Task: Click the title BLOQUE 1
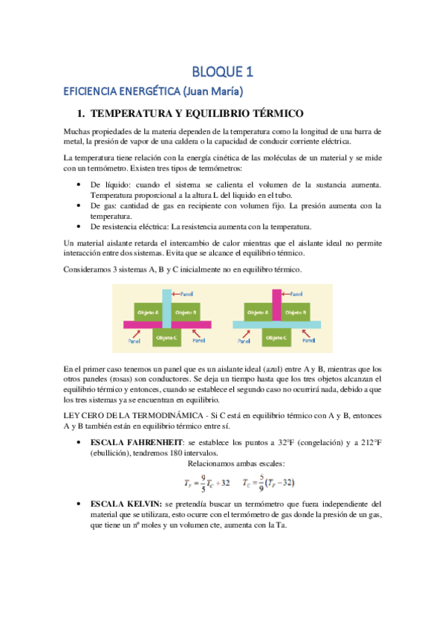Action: (x=223, y=71)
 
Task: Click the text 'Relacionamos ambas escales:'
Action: (x=222, y=464)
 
